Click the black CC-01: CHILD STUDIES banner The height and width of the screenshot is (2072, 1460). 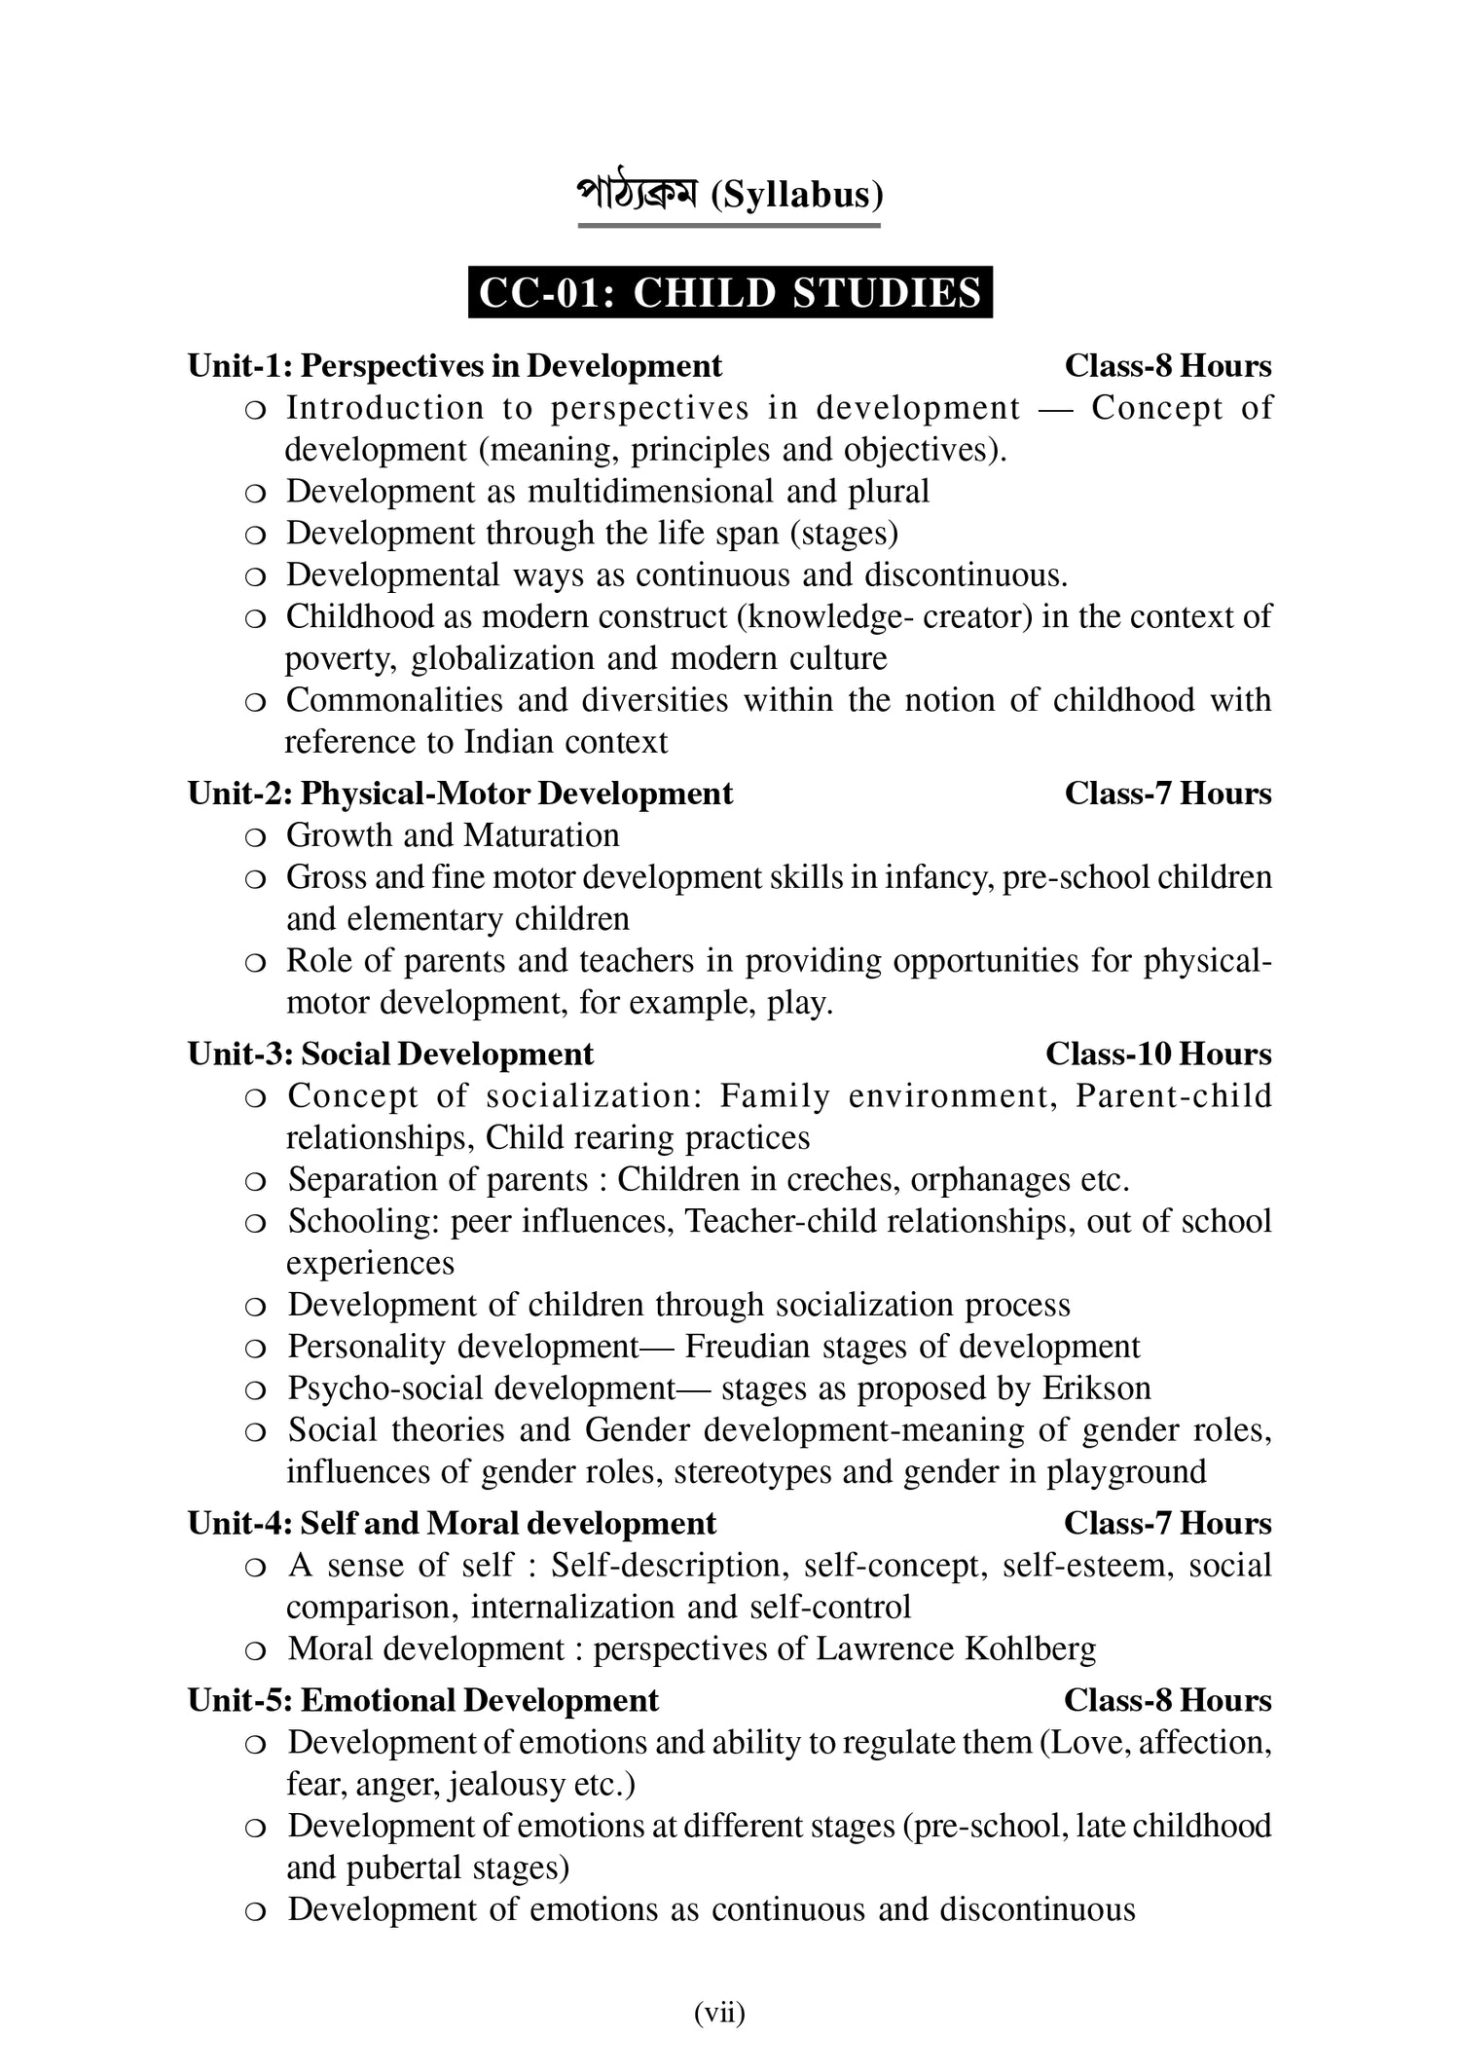(730, 293)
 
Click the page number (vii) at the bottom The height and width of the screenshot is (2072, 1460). (719, 2012)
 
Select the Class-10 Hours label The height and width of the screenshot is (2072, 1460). (1158, 1054)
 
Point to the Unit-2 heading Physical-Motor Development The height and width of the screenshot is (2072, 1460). (459, 794)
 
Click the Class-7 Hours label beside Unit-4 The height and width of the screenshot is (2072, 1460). (1167, 1524)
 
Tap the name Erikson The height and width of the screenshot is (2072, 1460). (1096, 1388)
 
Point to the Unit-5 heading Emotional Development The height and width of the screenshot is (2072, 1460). (423, 1701)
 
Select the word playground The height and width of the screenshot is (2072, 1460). (1126, 1471)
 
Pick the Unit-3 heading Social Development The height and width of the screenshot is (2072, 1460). (390, 1054)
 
